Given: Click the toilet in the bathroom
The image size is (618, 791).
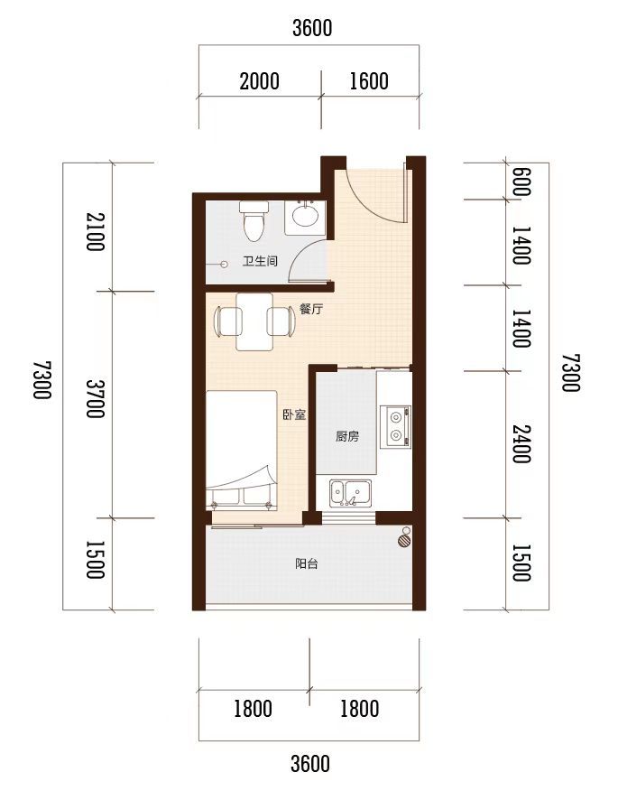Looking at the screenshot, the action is click(254, 221).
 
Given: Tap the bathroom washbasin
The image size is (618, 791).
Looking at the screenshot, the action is click(306, 218).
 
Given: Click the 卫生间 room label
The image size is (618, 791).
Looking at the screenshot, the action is click(260, 261).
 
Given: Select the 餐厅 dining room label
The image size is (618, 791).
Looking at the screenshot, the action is click(310, 309).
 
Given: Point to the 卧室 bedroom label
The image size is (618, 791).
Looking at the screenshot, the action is click(294, 414).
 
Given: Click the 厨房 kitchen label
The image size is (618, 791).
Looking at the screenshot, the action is click(347, 436).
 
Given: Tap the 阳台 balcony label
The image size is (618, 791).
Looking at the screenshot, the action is click(307, 563).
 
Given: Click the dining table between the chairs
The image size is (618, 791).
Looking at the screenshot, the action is click(255, 321).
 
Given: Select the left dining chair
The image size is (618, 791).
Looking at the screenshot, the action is click(228, 321).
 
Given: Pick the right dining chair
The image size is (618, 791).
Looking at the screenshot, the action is click(281, 321).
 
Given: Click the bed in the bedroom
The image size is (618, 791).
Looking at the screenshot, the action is click(242, 451).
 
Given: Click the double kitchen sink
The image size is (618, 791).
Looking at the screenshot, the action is click(351, 493).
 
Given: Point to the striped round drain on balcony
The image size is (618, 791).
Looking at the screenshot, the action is click(404, 541).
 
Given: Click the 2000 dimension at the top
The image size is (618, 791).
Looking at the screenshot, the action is click(260, 81).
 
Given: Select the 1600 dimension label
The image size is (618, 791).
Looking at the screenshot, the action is click(369, 81).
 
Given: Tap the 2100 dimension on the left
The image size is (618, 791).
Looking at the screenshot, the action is click(96, 231).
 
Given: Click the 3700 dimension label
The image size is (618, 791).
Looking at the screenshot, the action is click(96, 398).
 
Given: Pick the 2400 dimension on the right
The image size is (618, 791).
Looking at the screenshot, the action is click(521, 444).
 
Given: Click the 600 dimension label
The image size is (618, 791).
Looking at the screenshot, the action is click(521, 181).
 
